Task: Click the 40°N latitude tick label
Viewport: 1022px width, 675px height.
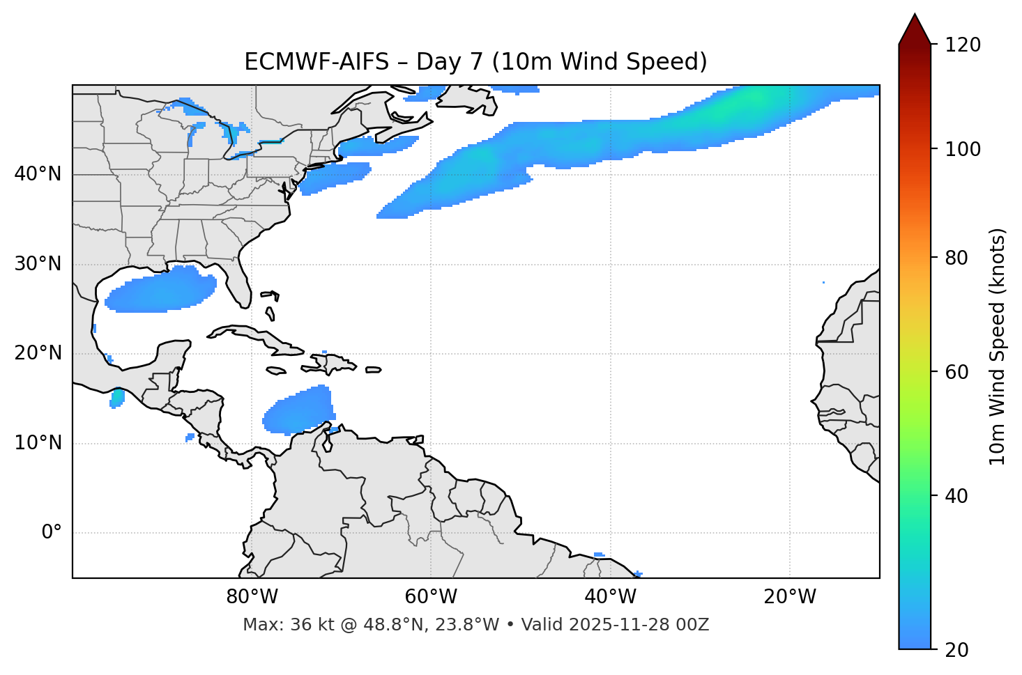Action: pyautogui.click(x=38, y=174)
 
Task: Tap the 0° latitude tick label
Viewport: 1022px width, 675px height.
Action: pyautogui.click(x=51, y=533)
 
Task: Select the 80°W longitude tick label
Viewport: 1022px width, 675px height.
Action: pyautogui.click(x=252, y=597)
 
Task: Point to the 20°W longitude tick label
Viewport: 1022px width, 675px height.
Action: pyautogui.click(x=790, y=597)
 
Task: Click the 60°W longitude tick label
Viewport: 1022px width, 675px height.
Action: pyautogui.click(x=431, y=597)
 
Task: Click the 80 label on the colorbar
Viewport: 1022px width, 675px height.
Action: pyautogui.click(x=957, y=258)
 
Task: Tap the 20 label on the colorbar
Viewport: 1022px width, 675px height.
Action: pyautogui.click(x=957, y=650)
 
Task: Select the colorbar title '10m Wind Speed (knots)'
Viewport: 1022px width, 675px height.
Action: pyautogui.click(x=998, y=347)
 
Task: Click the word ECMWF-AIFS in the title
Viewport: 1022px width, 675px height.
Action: pyautogui.click(x=316, y=62)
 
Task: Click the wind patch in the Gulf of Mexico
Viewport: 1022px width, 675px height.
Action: pyautogui.click(x=162, y=289)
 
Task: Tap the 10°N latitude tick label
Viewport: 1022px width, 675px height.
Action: pyautogui.click(x=38, y=443)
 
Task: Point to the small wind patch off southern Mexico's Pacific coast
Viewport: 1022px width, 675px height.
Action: pyautogui.click(x=117, y=398)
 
